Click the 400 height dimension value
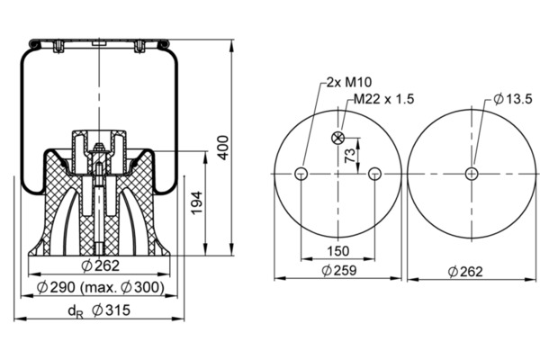(223, 148)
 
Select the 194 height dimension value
(196, 202)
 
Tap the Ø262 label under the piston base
(100, 265)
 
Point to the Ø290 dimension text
(56, 287)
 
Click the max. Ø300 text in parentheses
(121, 287)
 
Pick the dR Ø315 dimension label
(99, 310)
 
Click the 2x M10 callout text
(349, 82)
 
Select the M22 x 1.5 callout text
(383, 99)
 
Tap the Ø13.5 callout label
(512, 99)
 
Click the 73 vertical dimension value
(349, 156)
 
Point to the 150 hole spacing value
(337, 251)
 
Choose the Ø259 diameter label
(339, 270)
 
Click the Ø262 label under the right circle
(465, 272)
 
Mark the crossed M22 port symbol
(337, 138)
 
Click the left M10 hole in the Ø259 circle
(301, 174)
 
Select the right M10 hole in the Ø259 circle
(374, 174)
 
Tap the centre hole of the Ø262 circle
(472, 174)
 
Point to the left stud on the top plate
(58, 47)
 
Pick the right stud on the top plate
(139, 47)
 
